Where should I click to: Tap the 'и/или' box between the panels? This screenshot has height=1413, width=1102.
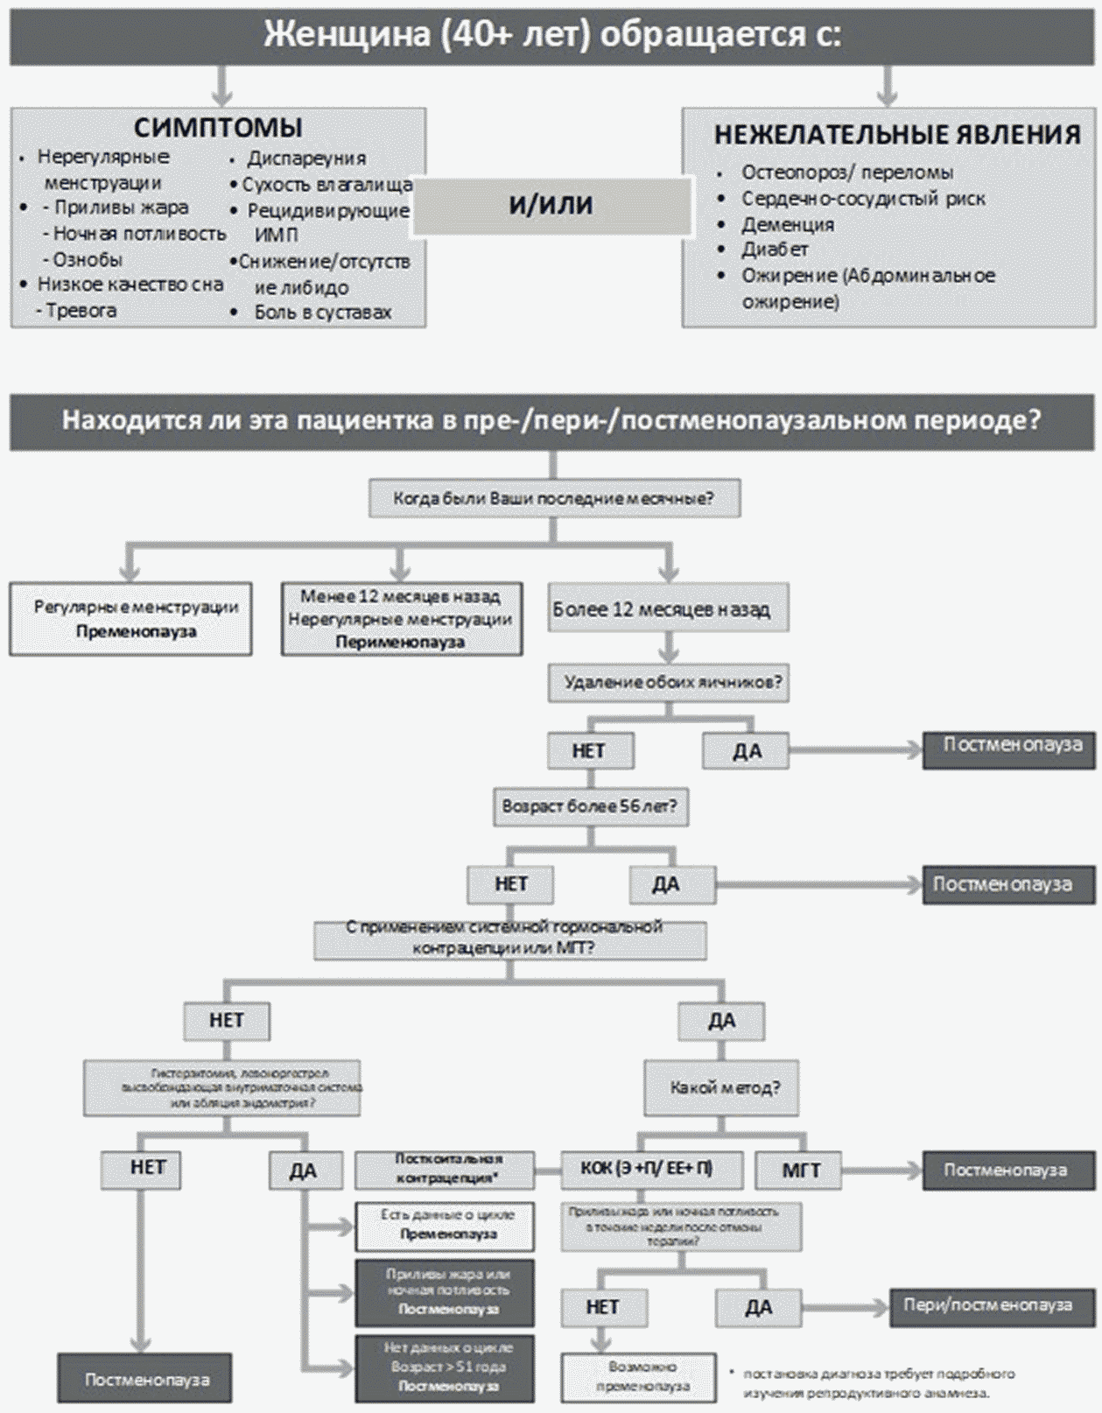(551, 205)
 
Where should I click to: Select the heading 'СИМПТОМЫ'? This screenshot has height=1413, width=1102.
(218, 128)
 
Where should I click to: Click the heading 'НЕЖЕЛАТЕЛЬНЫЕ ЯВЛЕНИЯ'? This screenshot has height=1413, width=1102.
(897, 135)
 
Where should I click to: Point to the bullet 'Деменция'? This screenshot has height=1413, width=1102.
(787, 225)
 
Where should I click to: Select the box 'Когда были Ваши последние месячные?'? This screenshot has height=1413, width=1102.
(553, 499)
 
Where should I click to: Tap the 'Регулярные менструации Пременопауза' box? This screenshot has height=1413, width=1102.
(131, 619)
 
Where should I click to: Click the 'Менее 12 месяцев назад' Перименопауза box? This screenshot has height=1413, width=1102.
(401, 619)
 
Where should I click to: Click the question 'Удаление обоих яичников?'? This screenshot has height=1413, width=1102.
(668, 682)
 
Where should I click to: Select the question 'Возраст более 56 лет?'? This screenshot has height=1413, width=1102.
(590, 806)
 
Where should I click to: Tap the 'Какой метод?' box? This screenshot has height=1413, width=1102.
(723, 1088)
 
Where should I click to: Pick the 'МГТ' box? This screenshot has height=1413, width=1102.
(800, 1170)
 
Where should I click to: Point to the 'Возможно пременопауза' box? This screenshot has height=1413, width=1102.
(638, 1376)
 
